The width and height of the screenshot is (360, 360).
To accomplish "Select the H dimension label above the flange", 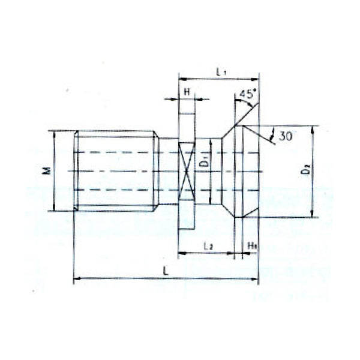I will (187, 92).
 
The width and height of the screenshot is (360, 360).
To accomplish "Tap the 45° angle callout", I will (247, 95).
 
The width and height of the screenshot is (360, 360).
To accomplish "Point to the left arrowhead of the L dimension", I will (76, 278).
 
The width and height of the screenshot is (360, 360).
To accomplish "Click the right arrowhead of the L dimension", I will (258, 278).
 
